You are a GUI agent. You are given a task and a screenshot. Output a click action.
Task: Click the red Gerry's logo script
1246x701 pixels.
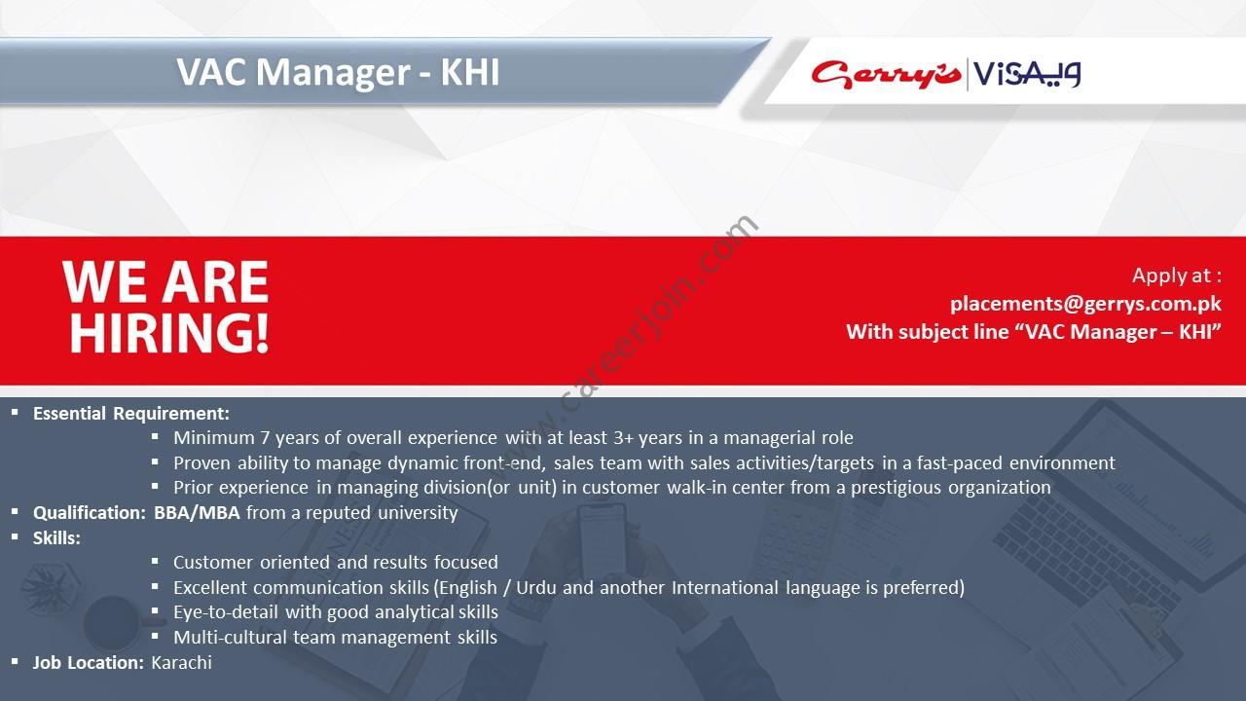pos(886,75)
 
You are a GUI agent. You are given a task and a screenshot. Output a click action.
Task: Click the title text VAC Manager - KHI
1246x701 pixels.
pos(338,72)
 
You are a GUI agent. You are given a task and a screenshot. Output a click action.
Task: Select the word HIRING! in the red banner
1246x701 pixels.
pos(169,333)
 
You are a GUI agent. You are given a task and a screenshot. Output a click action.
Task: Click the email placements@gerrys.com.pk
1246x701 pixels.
pos(1085,304)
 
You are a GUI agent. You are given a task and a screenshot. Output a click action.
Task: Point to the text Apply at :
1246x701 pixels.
pos(1177,276)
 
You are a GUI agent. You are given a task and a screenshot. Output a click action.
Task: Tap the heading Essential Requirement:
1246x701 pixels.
pos(131,414)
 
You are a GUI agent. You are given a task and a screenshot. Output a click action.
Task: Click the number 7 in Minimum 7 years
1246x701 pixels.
pos(265,438)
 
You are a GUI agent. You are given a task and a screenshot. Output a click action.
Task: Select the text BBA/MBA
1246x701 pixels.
pos(197,512)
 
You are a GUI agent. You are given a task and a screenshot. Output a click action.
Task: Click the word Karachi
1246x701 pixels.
pos(181,663)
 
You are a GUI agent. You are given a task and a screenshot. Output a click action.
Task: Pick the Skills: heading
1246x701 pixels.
pos(56,538)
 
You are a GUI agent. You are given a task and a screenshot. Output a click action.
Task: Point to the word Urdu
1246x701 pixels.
pos(536,587)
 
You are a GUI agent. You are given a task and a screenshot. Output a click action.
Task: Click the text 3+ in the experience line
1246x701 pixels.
pos(624,438)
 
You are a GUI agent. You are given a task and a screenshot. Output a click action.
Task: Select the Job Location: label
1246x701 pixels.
pos(89,663)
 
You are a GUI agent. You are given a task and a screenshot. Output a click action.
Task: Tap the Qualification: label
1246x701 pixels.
pos(90,512)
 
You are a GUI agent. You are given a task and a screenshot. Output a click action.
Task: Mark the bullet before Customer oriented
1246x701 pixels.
pos(155,562)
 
